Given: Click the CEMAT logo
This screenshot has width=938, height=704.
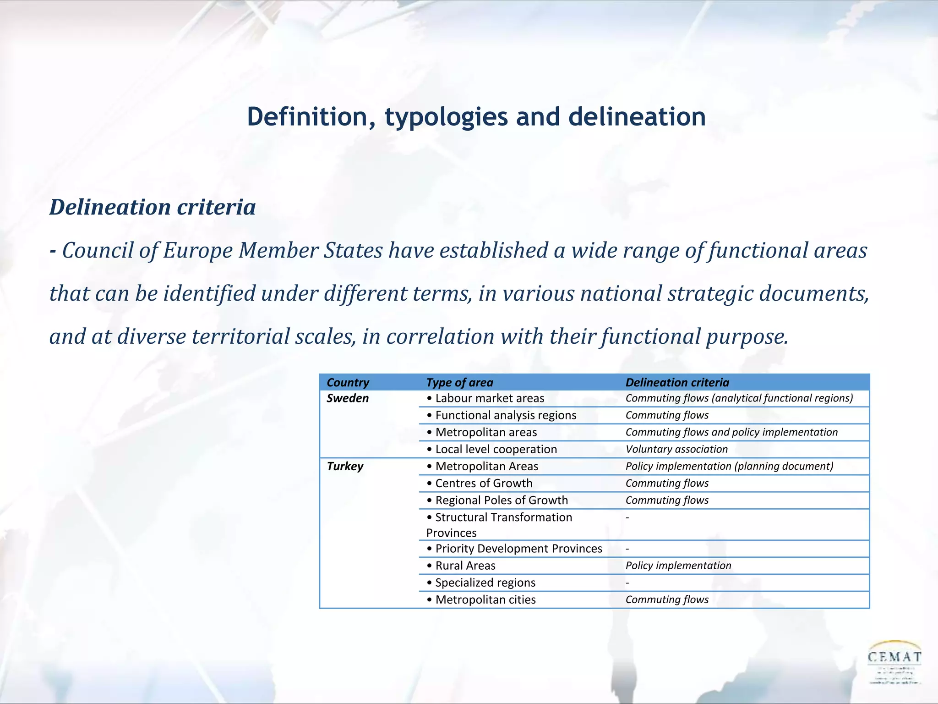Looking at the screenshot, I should click(x=894, y=662).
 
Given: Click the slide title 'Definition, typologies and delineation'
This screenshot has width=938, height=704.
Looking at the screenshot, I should click(x=476, y=117).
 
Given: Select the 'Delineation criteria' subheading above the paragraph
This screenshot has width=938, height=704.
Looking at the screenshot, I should click(x=153, y=207).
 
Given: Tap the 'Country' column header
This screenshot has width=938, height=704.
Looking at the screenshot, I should click(x=348, y=382).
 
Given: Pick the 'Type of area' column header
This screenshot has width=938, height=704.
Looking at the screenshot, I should click(x=460, y=382).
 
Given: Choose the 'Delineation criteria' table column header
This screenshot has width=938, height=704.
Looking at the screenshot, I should click(x=677, y=382).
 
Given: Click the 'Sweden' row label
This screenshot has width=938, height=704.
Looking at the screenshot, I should click(x=348, y=398).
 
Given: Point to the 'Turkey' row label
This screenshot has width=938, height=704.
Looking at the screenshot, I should click(x=345, y=466).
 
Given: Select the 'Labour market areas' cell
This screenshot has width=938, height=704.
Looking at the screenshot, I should click(x=485, y=398).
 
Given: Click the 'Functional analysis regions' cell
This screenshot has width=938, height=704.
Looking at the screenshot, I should click(x=502, y=415).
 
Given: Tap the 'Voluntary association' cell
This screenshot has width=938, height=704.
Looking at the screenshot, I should click(x=676, y=449).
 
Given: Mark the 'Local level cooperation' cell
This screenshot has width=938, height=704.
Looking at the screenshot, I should click(x=492, y=449).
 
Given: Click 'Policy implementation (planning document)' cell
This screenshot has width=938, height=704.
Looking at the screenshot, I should click(x=729, y=466).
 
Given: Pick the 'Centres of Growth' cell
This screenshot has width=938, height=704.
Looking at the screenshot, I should click(x=480, y=483).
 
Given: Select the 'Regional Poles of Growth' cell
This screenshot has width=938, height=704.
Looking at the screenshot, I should click(x=497, y=500).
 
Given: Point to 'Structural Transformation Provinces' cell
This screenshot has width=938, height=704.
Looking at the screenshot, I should click(x=499, y=525).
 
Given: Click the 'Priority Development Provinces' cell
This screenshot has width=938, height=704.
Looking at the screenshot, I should click(x=514, y=549).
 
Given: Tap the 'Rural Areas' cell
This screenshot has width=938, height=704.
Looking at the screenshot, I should click(x=461, y=566).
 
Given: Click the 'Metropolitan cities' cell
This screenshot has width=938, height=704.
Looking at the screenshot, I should click(x=481, y=599).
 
